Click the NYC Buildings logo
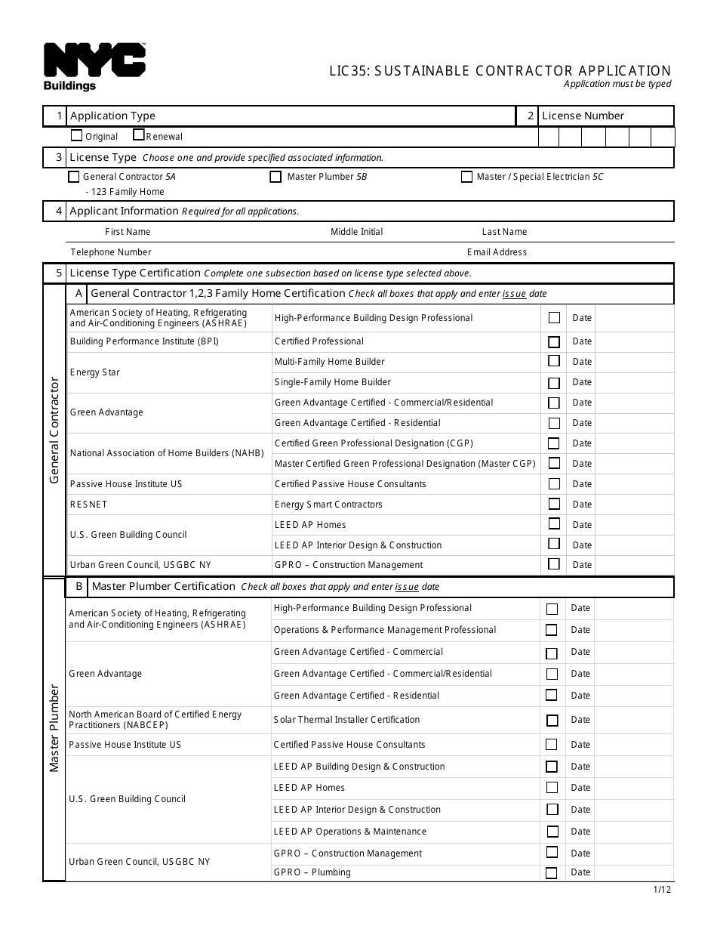tap(94, 66)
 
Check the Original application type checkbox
tap(76, 136)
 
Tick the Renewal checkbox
tap(139, 135)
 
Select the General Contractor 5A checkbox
tap(73, 177)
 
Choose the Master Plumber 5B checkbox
tap(275, 177)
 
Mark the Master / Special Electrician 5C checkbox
tap(466, 177)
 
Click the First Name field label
tap(128, 232)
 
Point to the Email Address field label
tap(497, 252)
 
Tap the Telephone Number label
tap(111, 252)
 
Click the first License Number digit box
tap(549, 137)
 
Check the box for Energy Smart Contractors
tap(554, 504)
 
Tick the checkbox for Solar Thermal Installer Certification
tap(552, 720)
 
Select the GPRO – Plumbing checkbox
tap(552, 872)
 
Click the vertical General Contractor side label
tap(54, 431)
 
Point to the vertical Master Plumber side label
tap(54, 729)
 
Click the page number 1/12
tap(662, 889)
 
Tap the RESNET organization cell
tap(89, 505)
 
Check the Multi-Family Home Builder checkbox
tap(554, 361)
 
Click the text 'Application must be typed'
tap(617, 84)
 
